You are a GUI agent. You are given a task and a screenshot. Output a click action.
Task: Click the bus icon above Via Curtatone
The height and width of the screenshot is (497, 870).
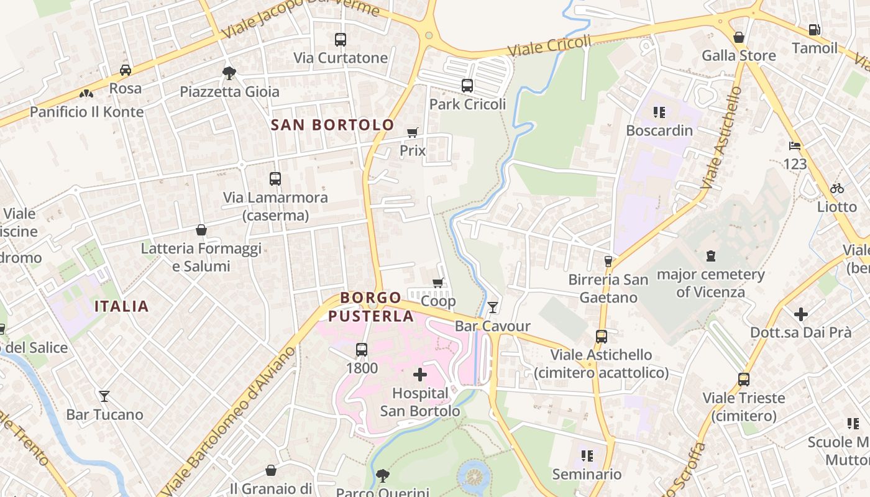[340, 40]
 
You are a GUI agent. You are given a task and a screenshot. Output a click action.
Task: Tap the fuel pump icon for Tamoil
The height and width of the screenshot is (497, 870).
[814, 29]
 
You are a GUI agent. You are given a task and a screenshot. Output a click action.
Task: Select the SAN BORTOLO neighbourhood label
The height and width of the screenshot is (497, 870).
[332, 125]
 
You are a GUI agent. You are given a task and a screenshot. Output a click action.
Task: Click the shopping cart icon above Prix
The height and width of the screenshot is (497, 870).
[412, 132]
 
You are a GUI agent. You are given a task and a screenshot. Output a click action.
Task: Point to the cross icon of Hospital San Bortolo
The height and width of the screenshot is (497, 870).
[420, 375]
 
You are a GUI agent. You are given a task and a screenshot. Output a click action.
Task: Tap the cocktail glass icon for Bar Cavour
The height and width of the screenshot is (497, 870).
[493, 307]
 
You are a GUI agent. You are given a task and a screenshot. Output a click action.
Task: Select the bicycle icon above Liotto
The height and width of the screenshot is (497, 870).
[837, 188]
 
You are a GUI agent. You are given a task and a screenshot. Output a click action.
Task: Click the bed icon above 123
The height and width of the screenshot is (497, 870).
[794, 146]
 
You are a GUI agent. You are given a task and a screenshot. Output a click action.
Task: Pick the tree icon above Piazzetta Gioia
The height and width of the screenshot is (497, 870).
[229, 73]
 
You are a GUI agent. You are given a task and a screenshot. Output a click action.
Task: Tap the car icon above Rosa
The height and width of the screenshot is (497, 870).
[126, 70]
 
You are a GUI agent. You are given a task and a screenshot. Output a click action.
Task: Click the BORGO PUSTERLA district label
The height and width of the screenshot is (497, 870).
[371, 307]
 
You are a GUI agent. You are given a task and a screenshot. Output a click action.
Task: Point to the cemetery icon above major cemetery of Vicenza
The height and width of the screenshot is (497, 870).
[710, 255]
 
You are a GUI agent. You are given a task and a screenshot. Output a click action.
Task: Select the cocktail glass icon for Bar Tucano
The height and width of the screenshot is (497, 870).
[104, 396]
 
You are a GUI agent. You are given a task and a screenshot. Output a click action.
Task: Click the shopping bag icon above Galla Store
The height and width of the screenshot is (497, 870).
[739, 37]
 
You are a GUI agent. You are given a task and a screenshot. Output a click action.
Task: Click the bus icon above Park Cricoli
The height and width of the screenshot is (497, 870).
[467, 86]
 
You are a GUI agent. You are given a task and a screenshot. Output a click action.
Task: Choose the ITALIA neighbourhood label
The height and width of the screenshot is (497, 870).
[122, 306]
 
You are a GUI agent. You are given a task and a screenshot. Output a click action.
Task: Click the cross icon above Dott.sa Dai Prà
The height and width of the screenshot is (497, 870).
[801, 314]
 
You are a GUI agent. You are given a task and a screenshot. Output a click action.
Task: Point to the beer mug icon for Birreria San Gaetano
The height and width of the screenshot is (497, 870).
[608, 262]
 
